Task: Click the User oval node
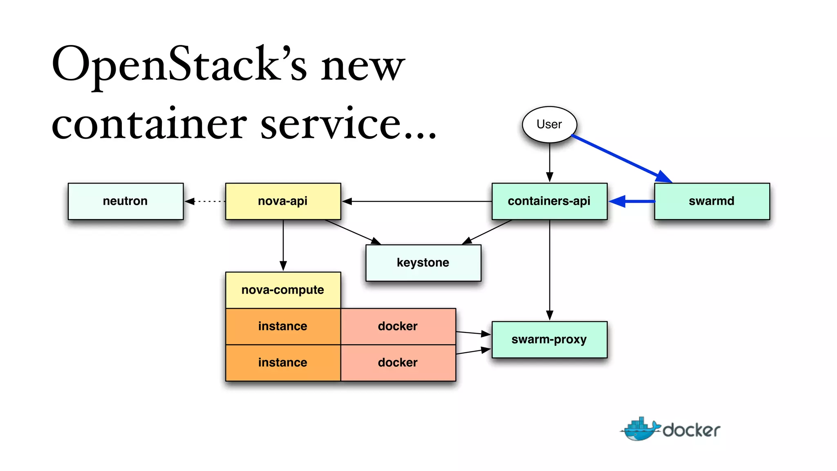(x=549, y=124)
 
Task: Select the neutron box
(x=125, y=201)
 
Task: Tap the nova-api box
(x=283, y=201)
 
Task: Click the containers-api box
(x=549, y=201)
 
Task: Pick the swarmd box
(x=712, y=201)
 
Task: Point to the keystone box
(x=423, y=262)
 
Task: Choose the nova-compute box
(x=283, y=290)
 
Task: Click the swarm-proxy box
(x=549, y=339)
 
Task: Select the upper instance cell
(x=283, y=326)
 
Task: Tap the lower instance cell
(x=283, y=363)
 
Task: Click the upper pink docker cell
(x=398, y=326)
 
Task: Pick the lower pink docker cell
(x=398, y=363)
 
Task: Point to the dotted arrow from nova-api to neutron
(x=206, y=201)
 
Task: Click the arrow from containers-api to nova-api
(x=417, y=201)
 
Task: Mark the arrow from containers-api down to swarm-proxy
(x=550, y=270)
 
